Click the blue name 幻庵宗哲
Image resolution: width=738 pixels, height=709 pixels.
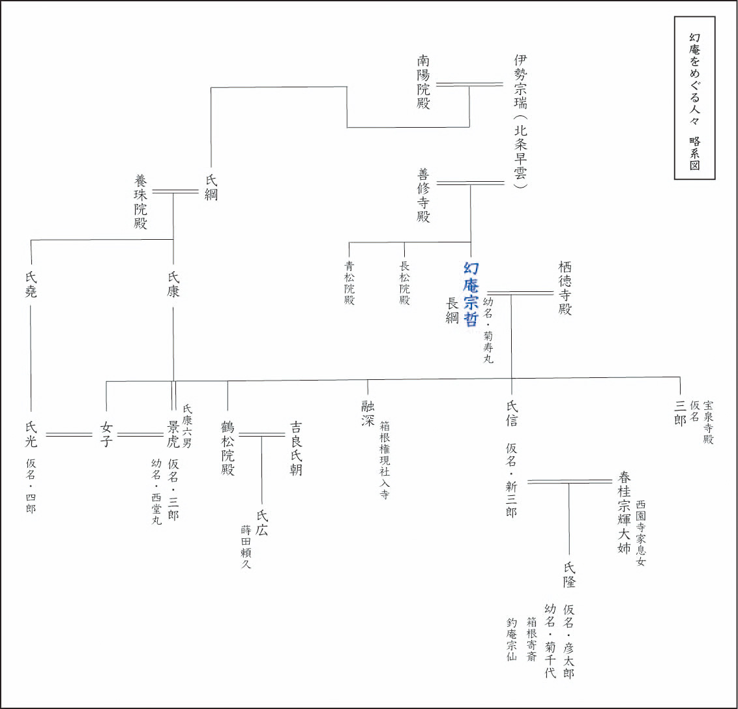pos(471,294)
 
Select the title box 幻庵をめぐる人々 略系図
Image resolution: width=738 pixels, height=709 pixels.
pos(694,98)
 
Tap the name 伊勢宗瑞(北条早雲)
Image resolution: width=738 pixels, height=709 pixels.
pos(520,121)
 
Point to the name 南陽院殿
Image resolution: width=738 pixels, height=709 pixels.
pos(424,82)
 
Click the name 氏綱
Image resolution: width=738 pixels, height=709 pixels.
pos(211,188)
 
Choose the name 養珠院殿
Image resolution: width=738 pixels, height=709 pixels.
pos(141,201)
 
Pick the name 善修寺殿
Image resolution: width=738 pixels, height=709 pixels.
pos(424,195)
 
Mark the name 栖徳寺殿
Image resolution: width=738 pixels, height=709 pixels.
pos(565,289)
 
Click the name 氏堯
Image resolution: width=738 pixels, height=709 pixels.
pos(31,285)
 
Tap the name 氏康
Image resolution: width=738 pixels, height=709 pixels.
pos(173,285)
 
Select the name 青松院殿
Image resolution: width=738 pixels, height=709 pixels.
pos(349,283)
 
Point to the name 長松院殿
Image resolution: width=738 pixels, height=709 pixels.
pos(405,283)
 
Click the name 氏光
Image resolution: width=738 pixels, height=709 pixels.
pos(31,435)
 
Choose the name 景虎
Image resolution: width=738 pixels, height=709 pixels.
pos(173,435)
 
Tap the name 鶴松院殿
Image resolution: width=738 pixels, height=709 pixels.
pos(228,448)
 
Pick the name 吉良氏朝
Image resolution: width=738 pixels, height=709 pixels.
pos(296,448)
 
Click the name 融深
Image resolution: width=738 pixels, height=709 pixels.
pos(368,414)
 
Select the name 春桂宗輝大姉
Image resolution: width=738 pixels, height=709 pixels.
pos(625,513)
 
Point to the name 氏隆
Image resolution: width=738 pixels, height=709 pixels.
pos(570,574)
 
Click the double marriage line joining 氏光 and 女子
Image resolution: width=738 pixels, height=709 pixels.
pos(68,435)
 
